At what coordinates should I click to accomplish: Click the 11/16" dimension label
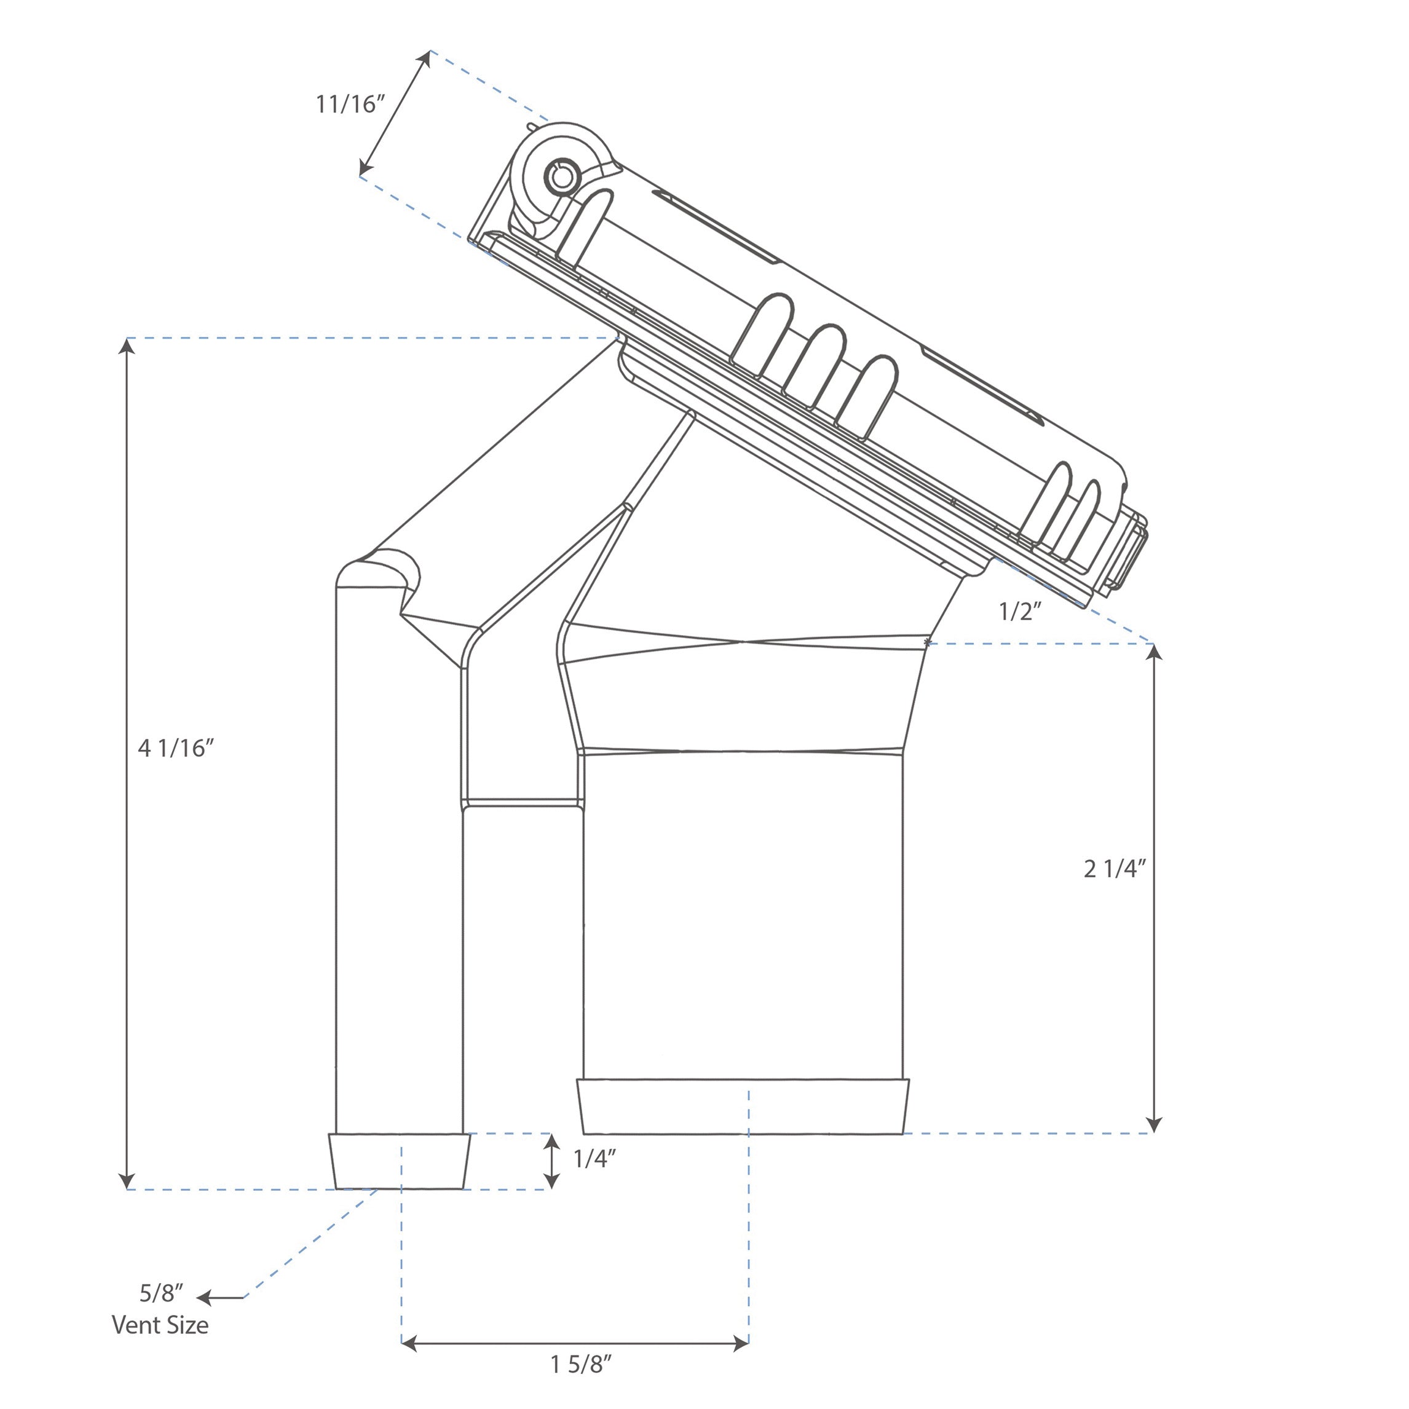point(349,105)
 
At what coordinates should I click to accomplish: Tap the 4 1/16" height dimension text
point(176,748)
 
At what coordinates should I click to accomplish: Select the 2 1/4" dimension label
point(1115,869)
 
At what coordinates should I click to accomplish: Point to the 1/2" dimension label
point(1019,612)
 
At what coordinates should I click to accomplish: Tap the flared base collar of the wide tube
point(743,1107)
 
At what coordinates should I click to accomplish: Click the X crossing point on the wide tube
point(743,642)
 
